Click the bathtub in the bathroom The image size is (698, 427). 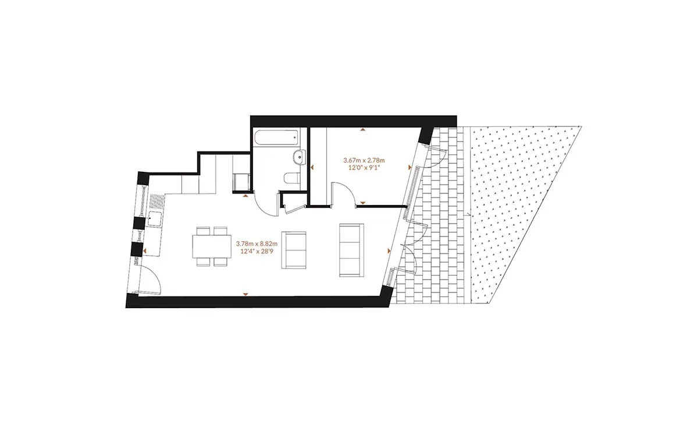pos(277,138)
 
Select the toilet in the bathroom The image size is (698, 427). pos(292,178)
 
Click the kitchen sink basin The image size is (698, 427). pos(154,218)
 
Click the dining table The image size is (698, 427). pos(212,246)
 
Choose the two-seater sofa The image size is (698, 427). pos(294,250)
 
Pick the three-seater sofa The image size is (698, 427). pos(351,250)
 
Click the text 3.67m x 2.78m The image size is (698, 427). pos(364,160)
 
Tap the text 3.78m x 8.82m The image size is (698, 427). pos(257,244)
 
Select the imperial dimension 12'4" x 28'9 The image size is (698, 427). pos(257,251)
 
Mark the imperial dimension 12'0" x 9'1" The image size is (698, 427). pos(364,168)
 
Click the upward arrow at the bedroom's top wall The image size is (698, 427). pos(363,129)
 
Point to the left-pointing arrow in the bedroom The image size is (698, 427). pos(312,168)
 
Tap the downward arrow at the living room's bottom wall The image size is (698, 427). pos(245,294)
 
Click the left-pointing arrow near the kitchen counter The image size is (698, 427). pos(145,250)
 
